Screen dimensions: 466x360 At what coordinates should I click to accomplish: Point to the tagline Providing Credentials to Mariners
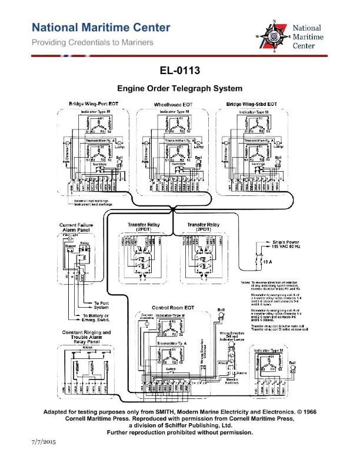point(92,42)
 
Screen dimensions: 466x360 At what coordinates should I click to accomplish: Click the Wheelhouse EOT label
point(174,104)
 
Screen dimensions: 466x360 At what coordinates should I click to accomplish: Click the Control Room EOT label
point(173,308)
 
